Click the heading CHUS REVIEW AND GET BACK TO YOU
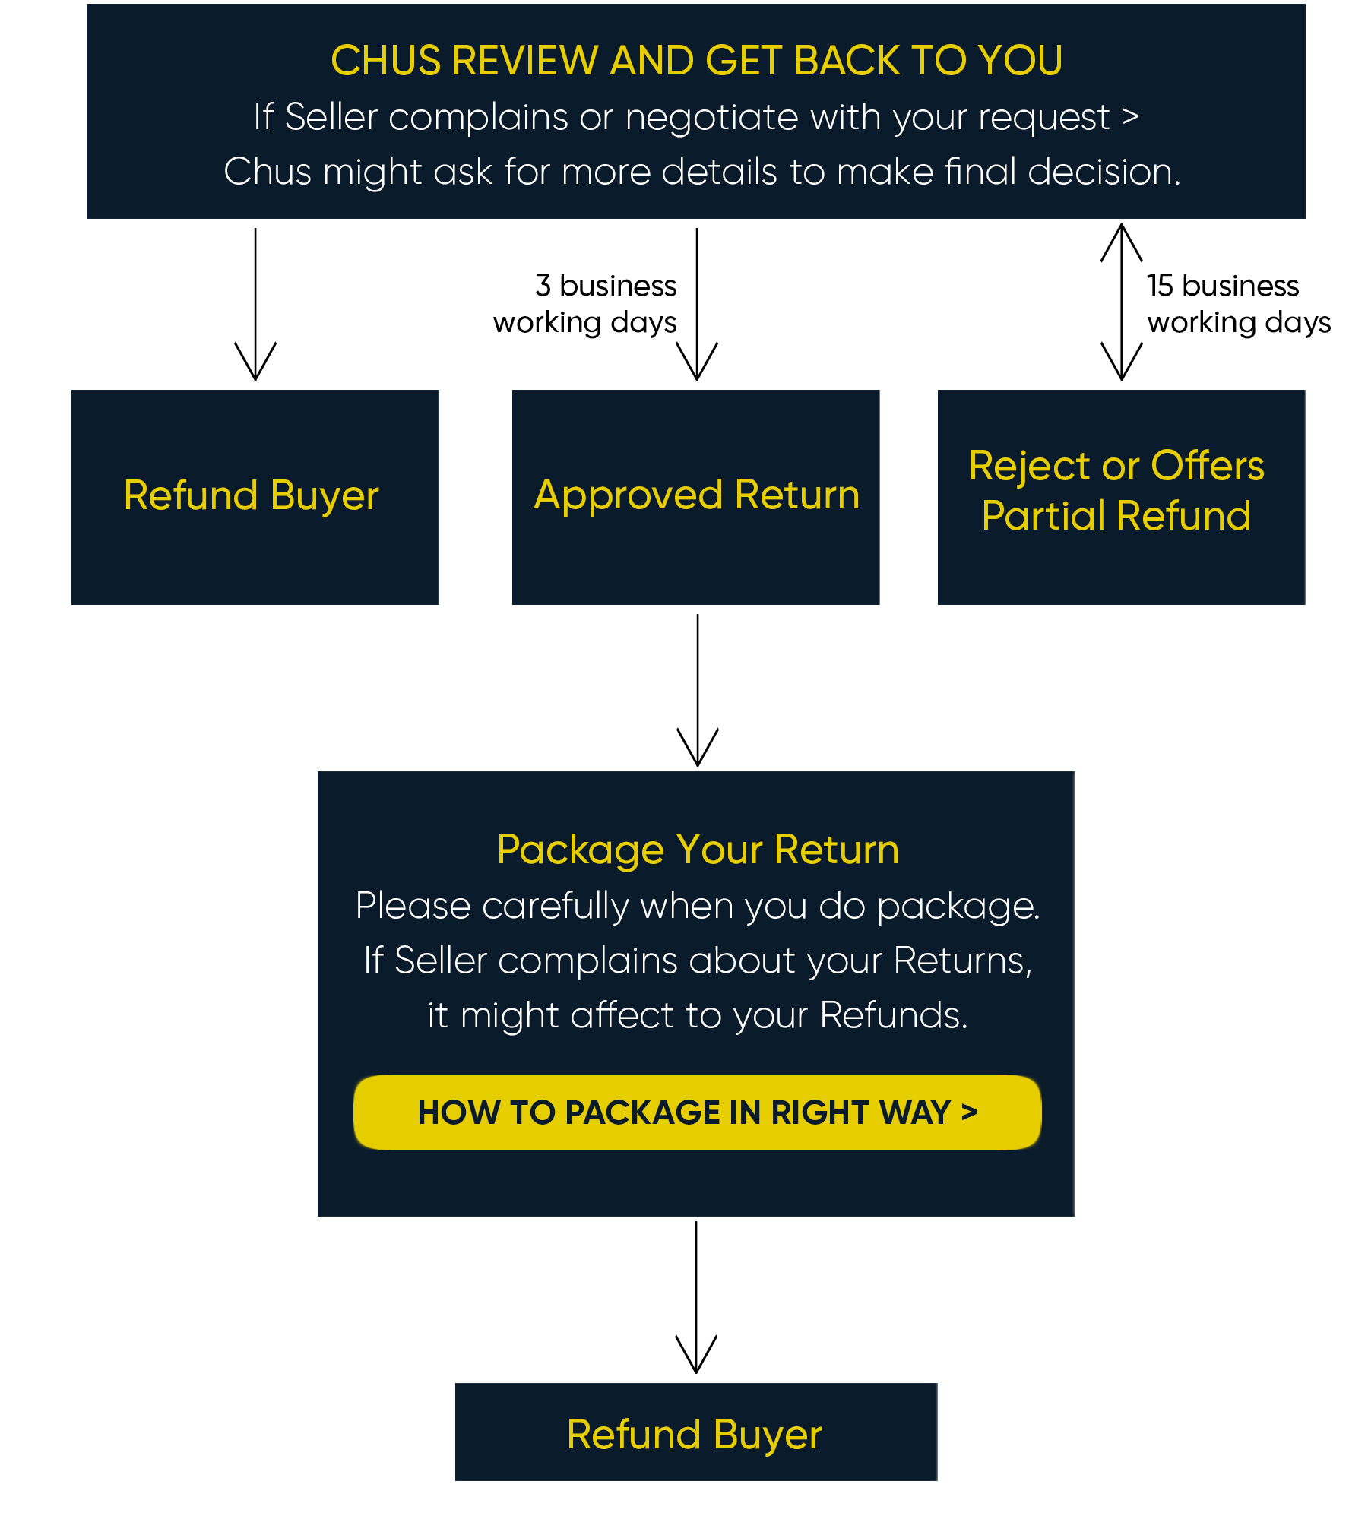696,60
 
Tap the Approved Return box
696,497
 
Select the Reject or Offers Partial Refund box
1122,497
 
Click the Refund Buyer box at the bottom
696,1432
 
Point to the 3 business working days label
584,304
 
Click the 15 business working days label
1239,304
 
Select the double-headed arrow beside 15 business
1122,302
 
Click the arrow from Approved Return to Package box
698,690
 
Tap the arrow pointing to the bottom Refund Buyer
696,1297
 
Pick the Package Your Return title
698,849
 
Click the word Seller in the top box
331,117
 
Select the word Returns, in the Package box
963,961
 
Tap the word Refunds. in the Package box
894,1015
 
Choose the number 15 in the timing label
1161,286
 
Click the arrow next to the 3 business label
697,304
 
